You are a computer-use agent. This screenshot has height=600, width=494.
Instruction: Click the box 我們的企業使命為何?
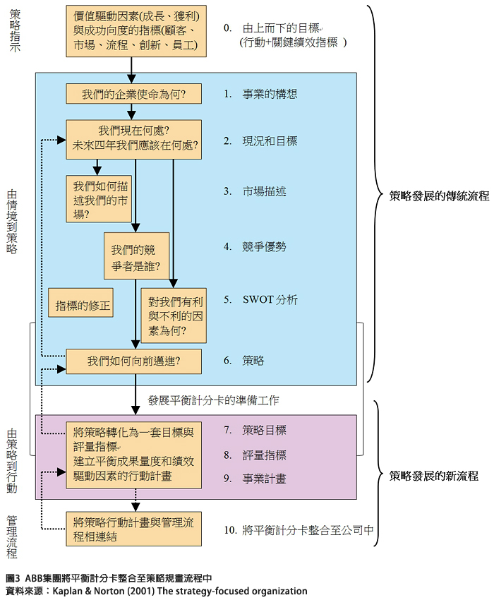point(133,94)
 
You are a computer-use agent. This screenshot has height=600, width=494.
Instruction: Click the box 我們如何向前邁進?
point(133,361)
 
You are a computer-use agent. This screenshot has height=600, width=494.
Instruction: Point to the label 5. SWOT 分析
point(260,299)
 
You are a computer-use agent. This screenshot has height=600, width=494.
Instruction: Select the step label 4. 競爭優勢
point(255,246)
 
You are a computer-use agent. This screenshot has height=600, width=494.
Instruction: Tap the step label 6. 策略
point(243,360)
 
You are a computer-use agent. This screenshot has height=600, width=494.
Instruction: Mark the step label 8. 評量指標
point(255,455)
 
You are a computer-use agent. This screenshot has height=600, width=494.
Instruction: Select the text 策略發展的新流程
point(433,476)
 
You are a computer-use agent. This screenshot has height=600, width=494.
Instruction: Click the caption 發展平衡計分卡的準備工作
point(213,401)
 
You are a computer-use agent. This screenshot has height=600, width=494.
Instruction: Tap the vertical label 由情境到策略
point(13,221)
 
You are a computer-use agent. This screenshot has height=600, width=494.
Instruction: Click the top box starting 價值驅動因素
point(133,31)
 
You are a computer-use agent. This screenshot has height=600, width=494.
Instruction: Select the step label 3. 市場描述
point(255,191)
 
